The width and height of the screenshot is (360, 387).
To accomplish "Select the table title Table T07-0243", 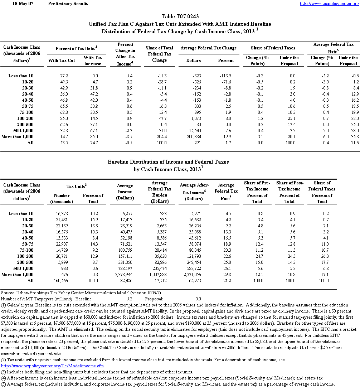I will [180, 16].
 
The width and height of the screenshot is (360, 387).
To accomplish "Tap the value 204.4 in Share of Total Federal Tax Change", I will [162, 136].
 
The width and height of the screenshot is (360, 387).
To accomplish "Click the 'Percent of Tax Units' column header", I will [77, 48].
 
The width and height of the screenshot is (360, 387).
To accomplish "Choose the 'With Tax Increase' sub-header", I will [93, 61].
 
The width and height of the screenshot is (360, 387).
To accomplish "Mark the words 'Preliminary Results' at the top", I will [68, 4].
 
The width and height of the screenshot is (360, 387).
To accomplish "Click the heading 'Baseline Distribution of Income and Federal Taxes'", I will [168, 162].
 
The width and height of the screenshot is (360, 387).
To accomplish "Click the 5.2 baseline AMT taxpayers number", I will [130, 299].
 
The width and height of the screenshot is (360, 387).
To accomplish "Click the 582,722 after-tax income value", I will [194, 269].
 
